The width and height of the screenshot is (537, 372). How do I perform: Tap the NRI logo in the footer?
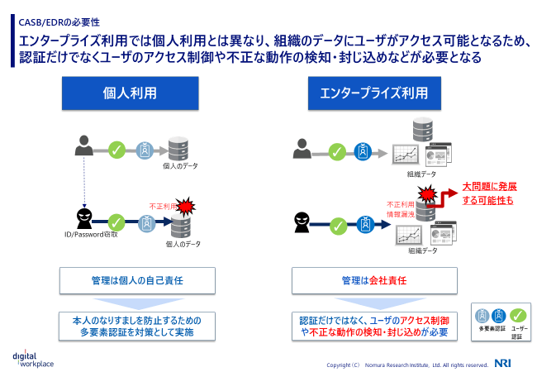pyautogui.click(x=504, y=363)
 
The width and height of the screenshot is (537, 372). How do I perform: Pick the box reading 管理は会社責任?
pyautogui.click(x=373, y=281)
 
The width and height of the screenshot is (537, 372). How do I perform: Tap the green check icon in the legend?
pyautogui.click(x=519, y=315)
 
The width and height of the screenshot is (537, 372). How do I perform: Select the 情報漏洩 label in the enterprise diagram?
pyautogui.click(x=401, y=213)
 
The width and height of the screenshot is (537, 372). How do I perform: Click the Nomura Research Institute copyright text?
pyautogui.click(x=408, y=365)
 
